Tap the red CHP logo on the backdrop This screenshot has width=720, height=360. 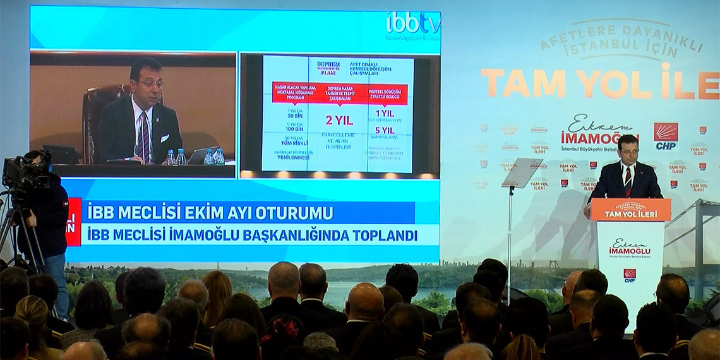click(665, 136)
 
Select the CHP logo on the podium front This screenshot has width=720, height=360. click(629, 275)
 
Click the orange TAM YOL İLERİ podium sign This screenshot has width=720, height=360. click(629, 210)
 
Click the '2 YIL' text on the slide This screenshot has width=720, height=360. click(339, 120)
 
